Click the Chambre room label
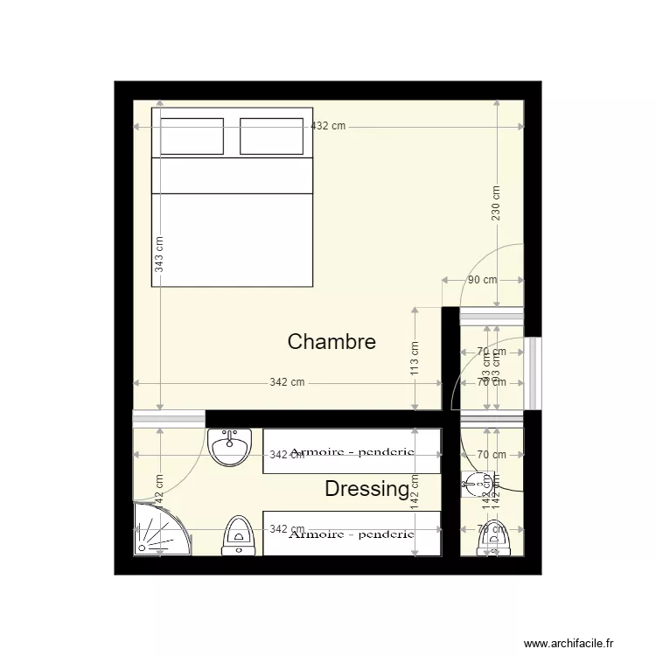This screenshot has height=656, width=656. (x=331, y=341)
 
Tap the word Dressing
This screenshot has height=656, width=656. (x=366, y=489)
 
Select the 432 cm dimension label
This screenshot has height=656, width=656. (x=328, y=127)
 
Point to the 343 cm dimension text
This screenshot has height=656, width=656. (x=159, y=255)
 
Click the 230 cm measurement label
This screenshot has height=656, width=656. (x=496, y=203)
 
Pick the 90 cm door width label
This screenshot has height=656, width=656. (x=482, y=280)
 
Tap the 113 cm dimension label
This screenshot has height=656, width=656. (x=415, y=357)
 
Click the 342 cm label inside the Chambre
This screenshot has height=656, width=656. (x=287, y=382)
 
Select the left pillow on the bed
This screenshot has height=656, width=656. (x=191, y=136)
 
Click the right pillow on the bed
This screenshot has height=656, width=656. (x=271, y=136)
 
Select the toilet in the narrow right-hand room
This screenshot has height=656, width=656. (x=493, y=538)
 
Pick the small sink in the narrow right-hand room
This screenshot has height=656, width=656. (x=475, y=482)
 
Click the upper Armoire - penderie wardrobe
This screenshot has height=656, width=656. (x=351, y=451)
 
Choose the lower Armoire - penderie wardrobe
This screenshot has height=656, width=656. (x=351, y=533)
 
